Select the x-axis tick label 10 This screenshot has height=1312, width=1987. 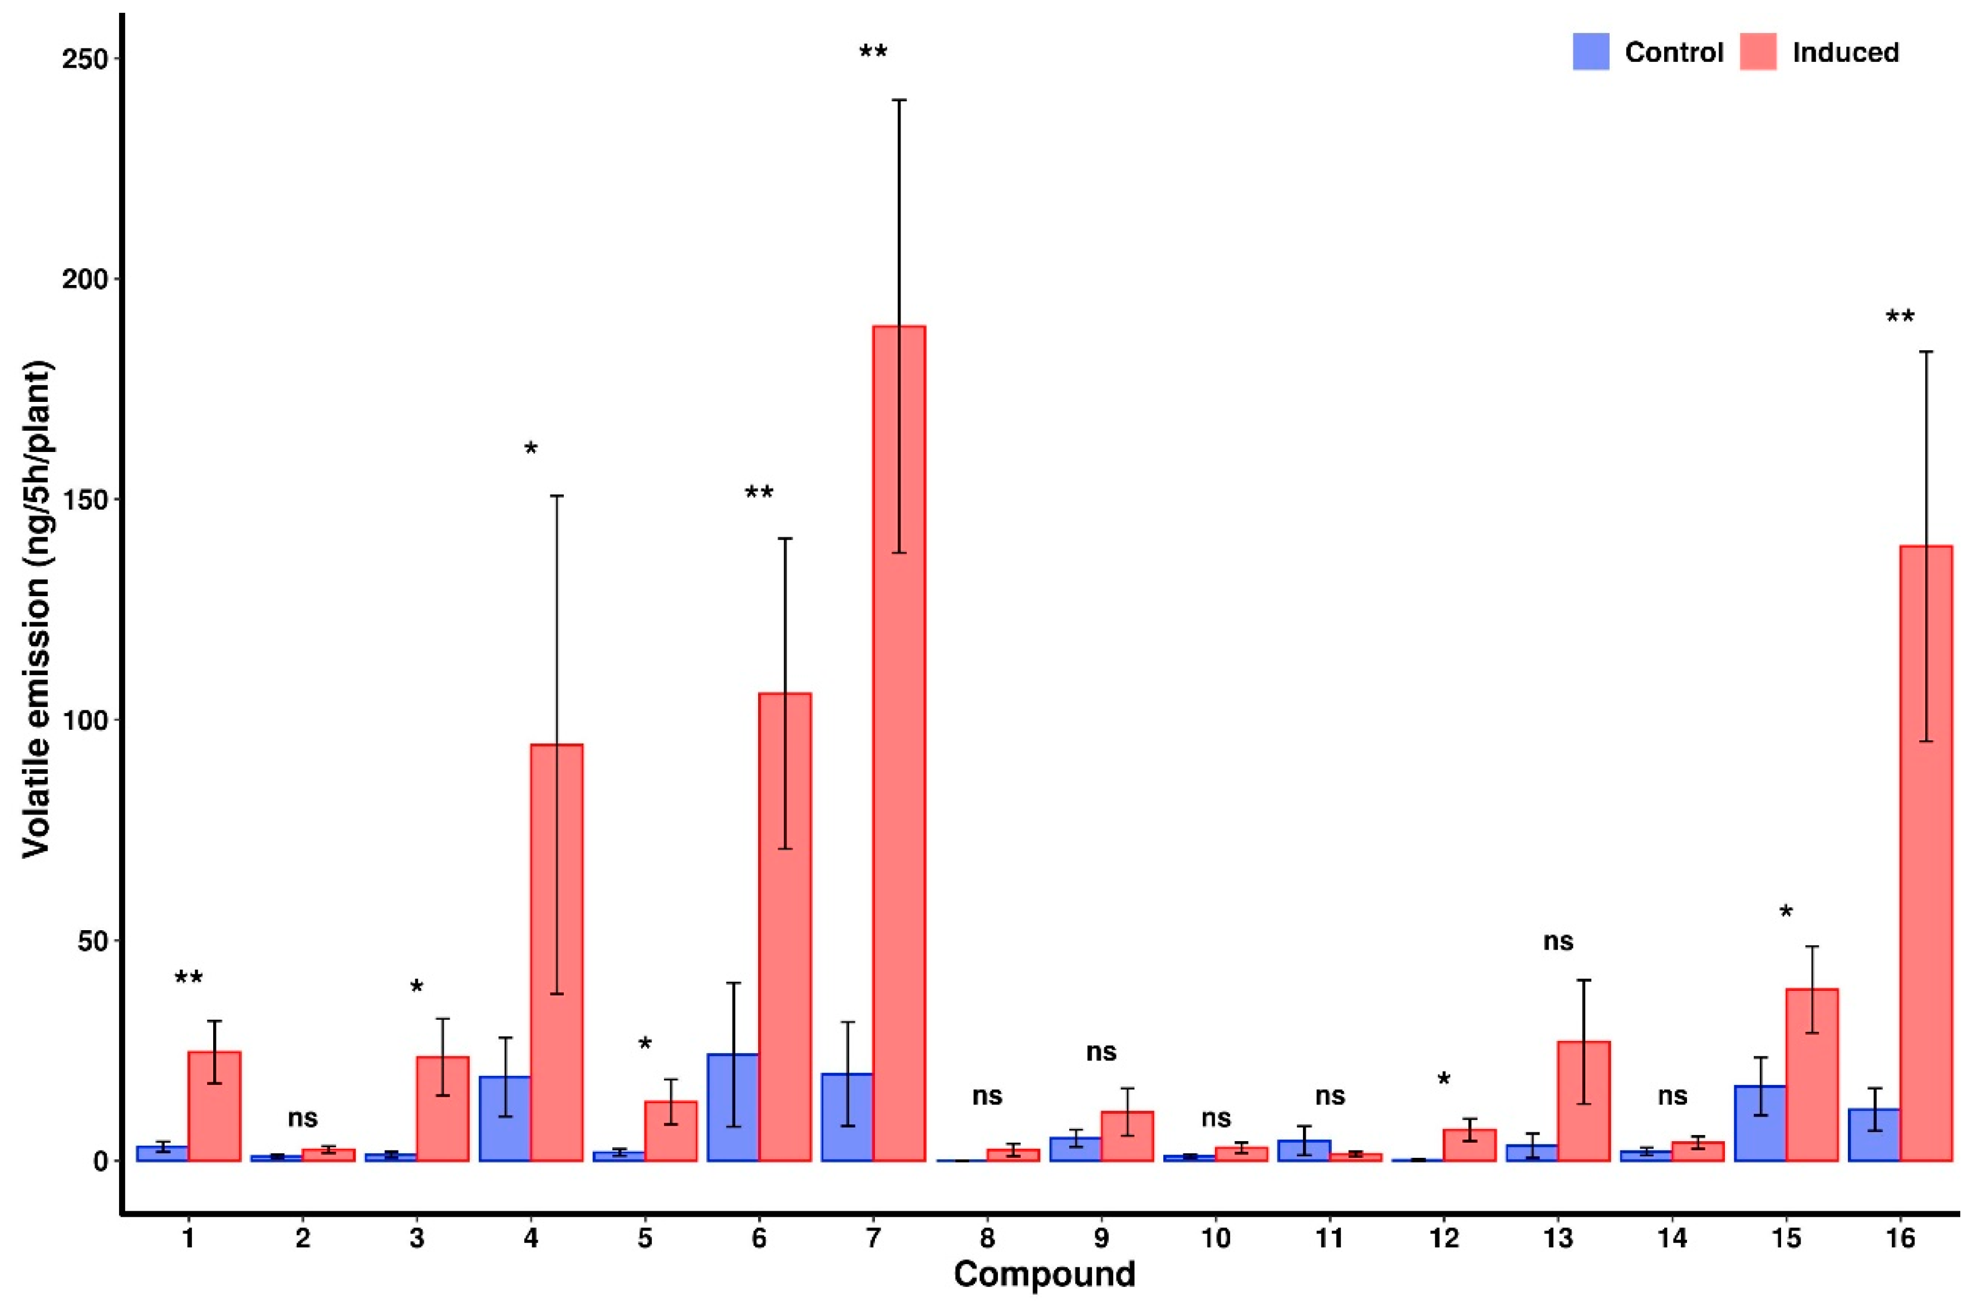[1216, 1237]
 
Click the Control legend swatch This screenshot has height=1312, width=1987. [1591, 52]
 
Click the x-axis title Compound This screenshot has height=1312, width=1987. [1044, 1274]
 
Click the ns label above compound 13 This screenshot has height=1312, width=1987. [1558, 941]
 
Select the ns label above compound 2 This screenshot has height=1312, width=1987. [303, 1117]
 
